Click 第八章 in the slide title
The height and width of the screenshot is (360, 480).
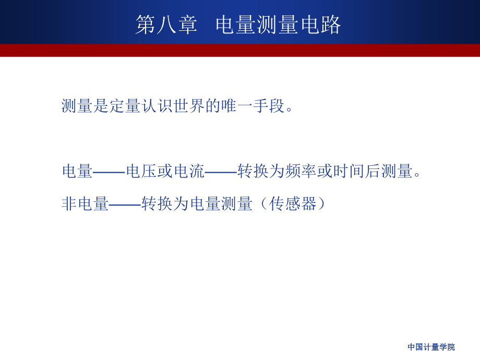point(166,25)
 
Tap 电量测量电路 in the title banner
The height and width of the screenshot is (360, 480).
point(278,25)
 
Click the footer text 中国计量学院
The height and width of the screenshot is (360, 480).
point(431,347)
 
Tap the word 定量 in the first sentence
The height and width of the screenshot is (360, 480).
point(126,106)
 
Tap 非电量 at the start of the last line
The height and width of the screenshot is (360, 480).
point(86,203)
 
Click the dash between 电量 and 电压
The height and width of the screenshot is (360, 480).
point(110,171)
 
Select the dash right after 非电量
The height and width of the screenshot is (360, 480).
point(125,203)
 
